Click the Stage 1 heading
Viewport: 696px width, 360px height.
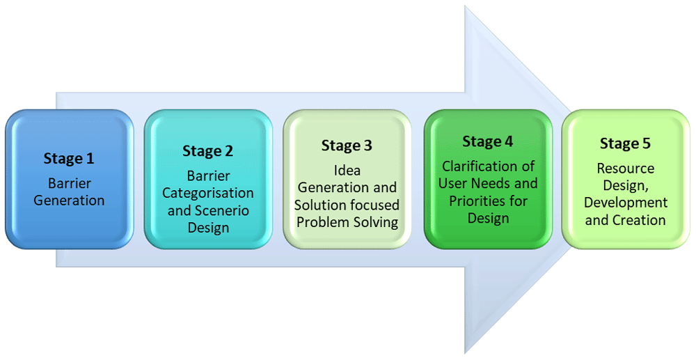point(69,158)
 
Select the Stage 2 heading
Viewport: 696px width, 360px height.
point(207,151)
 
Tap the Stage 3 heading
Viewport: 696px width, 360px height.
point(347,146)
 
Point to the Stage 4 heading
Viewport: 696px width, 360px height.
point(488,142)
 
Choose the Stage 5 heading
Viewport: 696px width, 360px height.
point(625,143)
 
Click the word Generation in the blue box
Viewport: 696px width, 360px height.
point(69,201)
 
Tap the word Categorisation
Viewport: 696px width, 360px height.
point(208,193)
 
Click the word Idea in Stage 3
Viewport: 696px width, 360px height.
point(347,170)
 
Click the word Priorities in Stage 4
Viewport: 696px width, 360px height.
point(475,201)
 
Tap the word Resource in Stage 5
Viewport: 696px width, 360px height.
point(625,169)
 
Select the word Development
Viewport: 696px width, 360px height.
point(626,203)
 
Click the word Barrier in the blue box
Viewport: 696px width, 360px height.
point(69,184)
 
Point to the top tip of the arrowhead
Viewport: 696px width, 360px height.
point(465,7)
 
